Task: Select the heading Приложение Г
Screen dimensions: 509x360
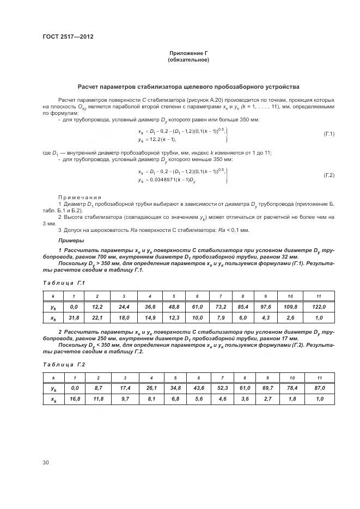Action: [188, 53]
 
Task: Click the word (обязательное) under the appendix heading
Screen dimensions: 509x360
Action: [188, 59]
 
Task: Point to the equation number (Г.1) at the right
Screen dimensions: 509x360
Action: [329, 133]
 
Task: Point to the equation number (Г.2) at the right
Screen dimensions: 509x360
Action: [329, 175]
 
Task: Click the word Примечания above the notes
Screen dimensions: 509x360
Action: [80, 197]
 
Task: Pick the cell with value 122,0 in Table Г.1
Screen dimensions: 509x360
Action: [319, 307]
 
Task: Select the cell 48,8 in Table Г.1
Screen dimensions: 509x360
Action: [173, 307]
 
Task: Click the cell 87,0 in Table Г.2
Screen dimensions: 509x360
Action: [319, 388]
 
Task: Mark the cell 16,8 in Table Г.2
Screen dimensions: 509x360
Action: [75, 398]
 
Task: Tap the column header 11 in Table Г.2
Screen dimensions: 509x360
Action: [319, 377]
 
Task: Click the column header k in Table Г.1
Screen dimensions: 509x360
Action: [53, 296]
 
